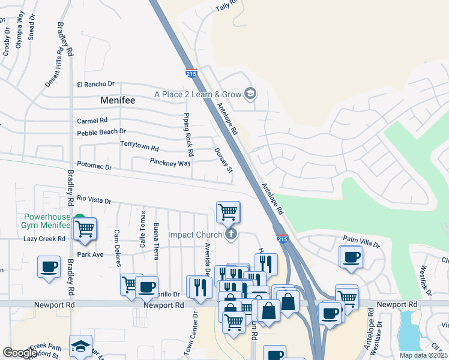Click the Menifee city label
click(118, 101)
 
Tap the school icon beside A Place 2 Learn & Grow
click(250, 94)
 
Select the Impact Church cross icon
click(231, 235)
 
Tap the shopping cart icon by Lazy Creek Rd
click(85, 228)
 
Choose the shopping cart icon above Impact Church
click(228, 211)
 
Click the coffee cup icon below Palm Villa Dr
click(351, 257)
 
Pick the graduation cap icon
click(80, 346)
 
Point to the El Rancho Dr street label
click(95, 85)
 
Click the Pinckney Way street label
click(170, 163)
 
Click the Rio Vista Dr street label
click(94, 201)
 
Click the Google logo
click(20, 353)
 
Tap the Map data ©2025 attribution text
click(424, 355)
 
